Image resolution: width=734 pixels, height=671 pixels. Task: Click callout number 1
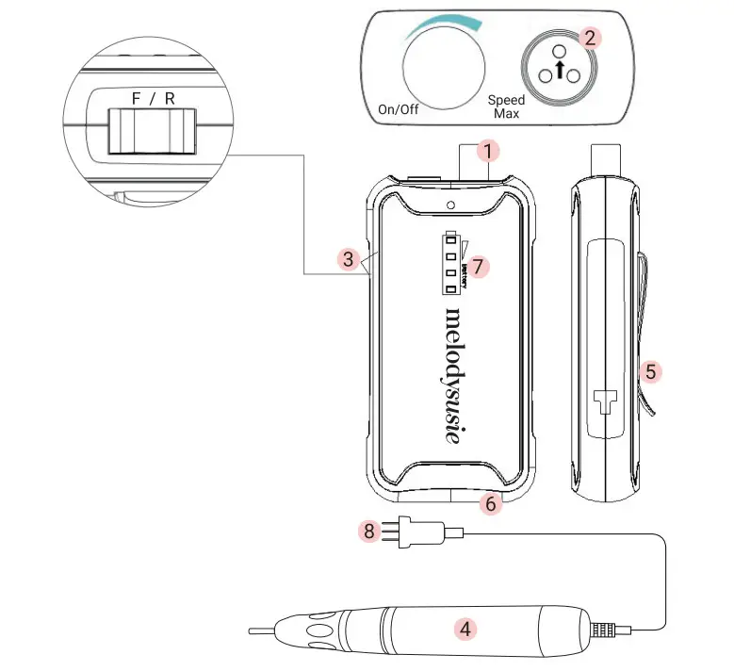(487, 150)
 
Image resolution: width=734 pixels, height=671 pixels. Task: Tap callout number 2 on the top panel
(590, 38)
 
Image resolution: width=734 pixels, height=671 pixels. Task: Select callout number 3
(348, 257)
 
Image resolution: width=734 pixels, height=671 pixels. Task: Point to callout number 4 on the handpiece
(463, 627)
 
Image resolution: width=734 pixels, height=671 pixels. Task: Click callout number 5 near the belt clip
(649, 371)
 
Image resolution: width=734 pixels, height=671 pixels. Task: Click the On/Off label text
(399, 108)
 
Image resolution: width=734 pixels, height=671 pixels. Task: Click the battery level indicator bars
(451, 262)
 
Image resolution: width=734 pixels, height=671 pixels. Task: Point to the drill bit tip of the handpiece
(264, 630)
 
